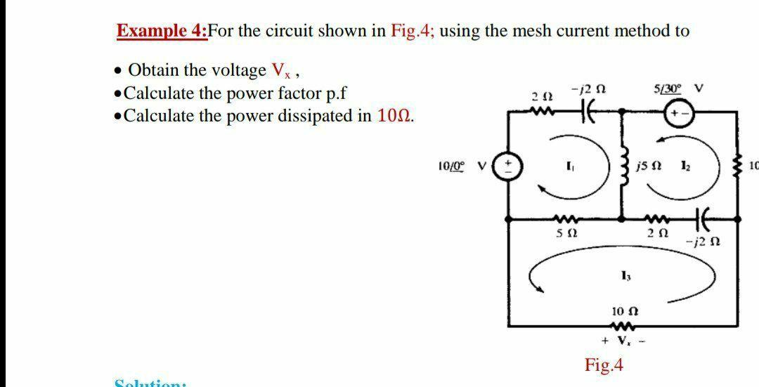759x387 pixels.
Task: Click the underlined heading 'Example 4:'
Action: point(162,31)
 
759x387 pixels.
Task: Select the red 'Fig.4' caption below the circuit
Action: point(604,365)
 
